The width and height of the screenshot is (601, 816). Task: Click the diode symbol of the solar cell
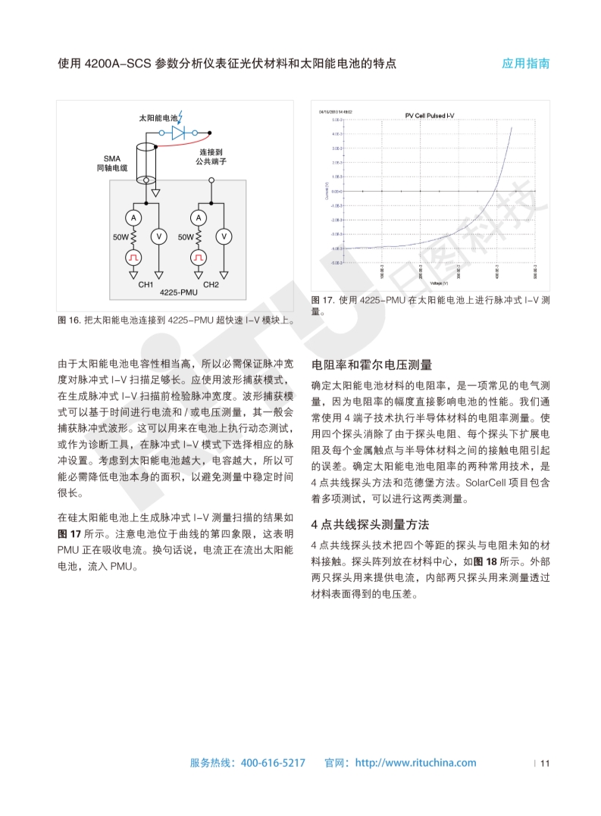(x=178, y=132)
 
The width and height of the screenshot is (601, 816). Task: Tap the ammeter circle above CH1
(x=133, y=217)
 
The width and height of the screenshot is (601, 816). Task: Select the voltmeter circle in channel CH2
(x=224, y=236)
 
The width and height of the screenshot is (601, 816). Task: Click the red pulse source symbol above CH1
(x=133, y=258)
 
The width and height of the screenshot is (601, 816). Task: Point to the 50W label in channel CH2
(x=186, y=237)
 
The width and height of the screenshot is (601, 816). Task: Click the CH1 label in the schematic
(x=146, y=285)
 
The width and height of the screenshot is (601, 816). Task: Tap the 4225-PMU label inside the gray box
(x=179, y=292)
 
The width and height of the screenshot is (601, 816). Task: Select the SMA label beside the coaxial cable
(x=112, y=158)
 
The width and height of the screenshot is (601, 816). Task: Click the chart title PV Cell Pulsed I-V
(x=430, y=116)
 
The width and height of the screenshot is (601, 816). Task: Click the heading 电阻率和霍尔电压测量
(x=371, y=364)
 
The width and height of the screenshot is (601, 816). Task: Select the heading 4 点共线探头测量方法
(x=371, y=524)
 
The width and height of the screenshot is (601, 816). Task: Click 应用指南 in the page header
(x=526, y=64)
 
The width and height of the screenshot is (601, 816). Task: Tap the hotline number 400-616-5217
(x=273, y=763)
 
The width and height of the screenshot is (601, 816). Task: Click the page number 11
(x=544, y=763)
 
